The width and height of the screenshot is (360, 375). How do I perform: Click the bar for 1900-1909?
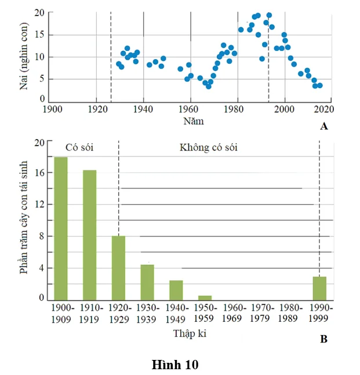(x=60, y=228)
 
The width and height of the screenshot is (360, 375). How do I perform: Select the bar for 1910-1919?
(x=89, y=235)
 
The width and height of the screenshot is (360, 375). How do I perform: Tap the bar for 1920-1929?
(x=118, y=268)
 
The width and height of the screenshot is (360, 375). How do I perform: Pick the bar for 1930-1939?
(x=147, y=282)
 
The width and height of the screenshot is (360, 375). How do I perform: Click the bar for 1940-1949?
(x=176, y=290)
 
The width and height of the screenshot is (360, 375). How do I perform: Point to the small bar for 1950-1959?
(x=205, y=297)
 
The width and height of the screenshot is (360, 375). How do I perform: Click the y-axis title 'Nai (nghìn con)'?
(x=24, y=56)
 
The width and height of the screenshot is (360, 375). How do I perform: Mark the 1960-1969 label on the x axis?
(x=234, y=313)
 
